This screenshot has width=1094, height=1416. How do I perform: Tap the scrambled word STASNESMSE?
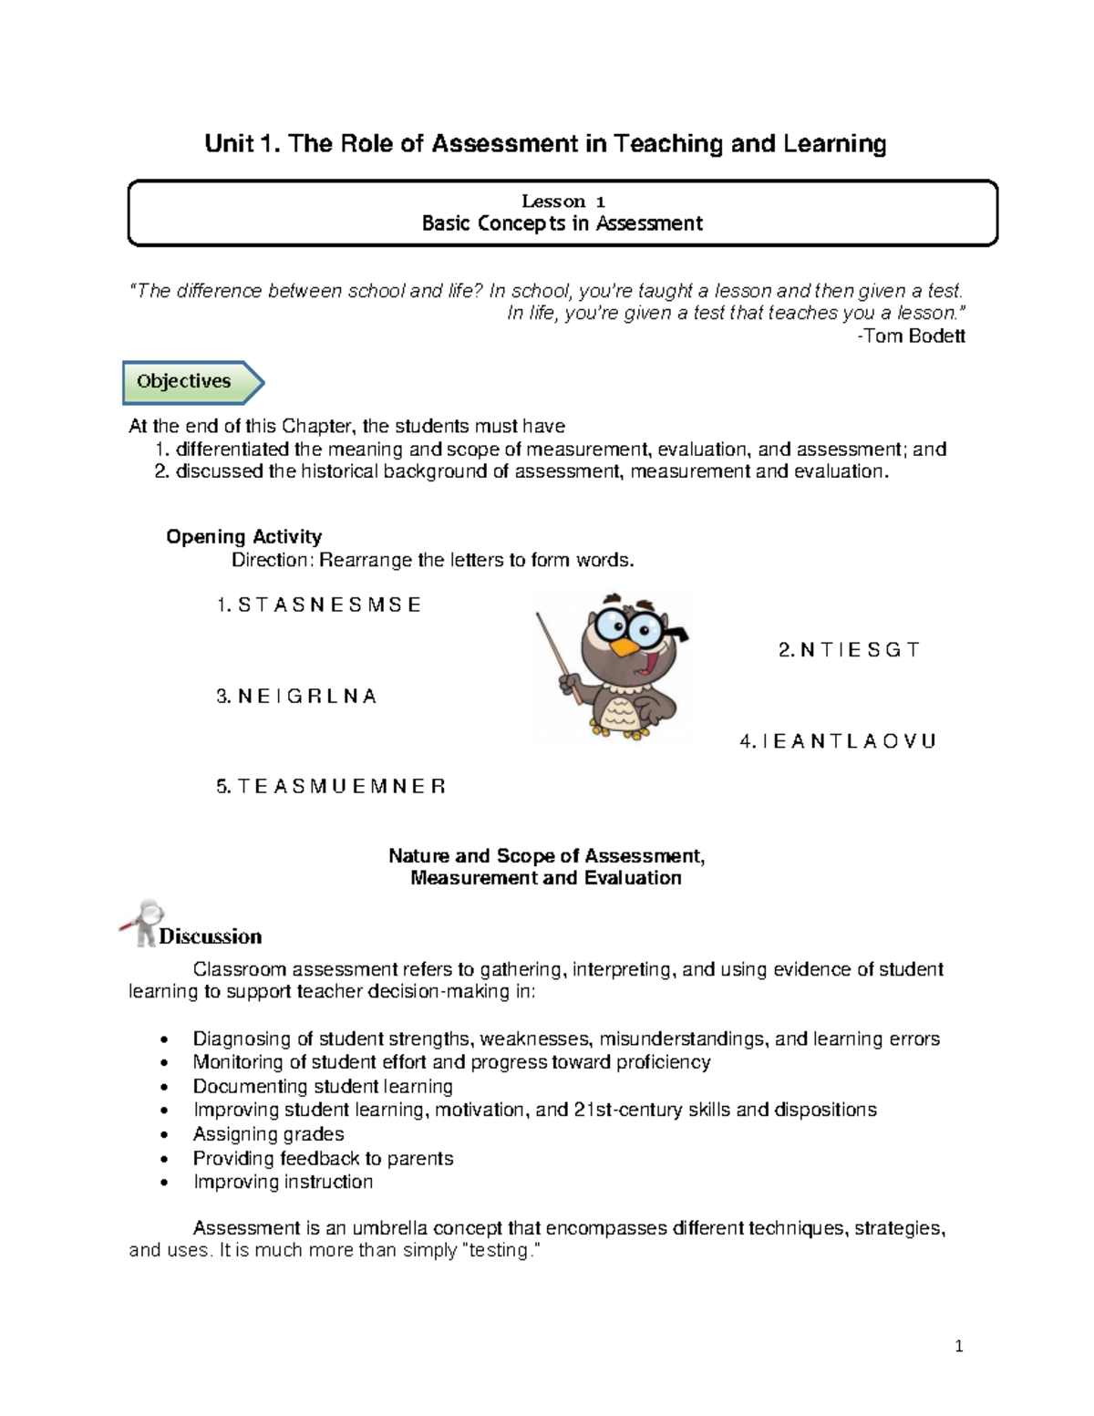point(329,605)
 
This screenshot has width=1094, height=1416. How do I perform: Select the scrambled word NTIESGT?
point(860,650)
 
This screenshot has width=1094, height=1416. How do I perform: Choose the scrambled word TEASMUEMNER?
point(341,787)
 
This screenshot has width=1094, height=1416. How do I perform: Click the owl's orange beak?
point(626,646)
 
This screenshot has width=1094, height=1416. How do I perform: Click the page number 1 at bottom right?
point(958,1347)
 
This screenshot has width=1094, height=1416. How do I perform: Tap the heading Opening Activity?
point(243,537)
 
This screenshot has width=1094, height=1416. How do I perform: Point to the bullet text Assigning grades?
point(268,1134)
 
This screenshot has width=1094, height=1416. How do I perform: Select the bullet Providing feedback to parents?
point(323,1158)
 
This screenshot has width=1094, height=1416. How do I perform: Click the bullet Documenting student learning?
point(323,1087)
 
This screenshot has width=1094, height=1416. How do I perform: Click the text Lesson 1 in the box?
point(562,202)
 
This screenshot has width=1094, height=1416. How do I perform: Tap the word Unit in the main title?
point(229,144)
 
